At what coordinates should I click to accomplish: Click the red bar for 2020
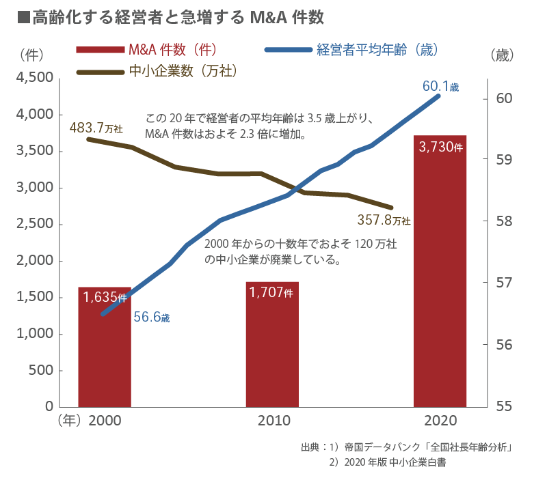(440, 287)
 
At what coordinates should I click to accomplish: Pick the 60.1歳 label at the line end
(441, 86)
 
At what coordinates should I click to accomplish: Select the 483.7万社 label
(96, 127)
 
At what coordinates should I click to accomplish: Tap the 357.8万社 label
(384, 220)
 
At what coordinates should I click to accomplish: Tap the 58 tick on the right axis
(504, 221)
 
